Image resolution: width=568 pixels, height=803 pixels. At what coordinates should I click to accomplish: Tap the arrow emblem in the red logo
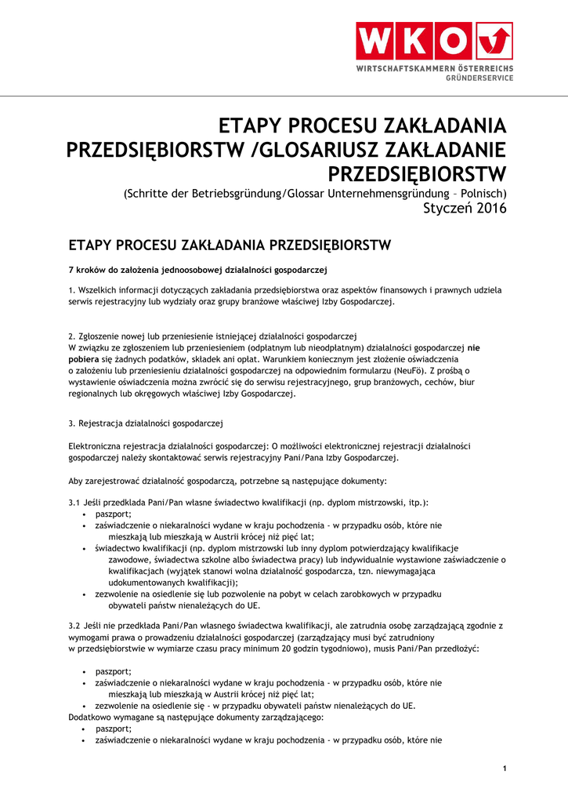click(x=494, y=41)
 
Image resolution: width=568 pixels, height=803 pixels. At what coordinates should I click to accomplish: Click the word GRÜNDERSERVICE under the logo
click(x=479, y=78)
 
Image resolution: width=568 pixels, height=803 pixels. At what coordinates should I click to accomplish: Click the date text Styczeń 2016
click(x=465, y=209)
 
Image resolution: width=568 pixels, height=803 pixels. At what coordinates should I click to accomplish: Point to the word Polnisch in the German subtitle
click(x=483, y=193)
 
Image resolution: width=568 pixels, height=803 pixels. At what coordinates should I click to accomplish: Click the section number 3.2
click(x=75, y=626)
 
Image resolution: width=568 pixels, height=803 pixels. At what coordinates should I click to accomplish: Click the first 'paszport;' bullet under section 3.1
click(x=113, y=514)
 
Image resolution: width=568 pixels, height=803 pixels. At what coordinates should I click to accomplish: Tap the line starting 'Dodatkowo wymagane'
click(x=196, y=717)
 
